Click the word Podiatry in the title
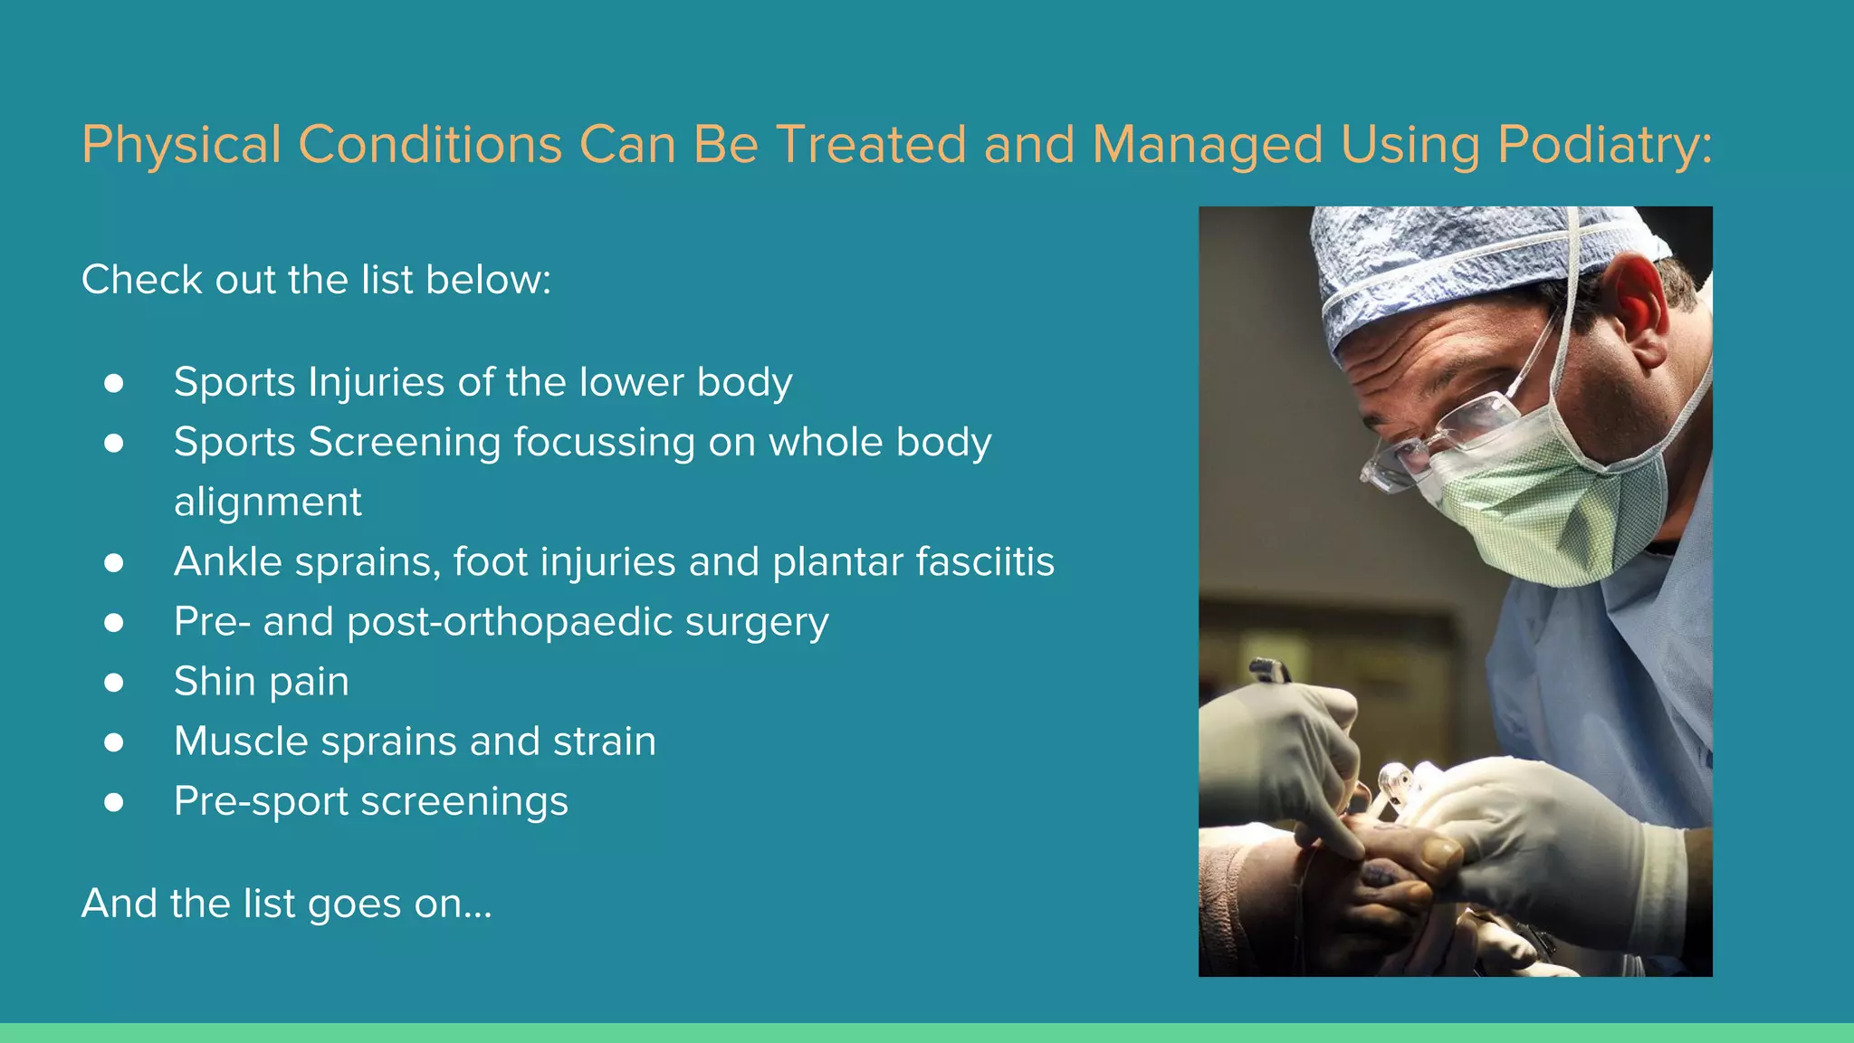point(1603,145)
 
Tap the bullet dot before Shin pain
point(113,682)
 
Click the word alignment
point(267,502)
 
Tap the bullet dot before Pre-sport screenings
point(113,802)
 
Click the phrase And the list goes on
point(286,904)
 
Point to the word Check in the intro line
point(141,280)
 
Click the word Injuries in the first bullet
point(377,383)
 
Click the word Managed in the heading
point(1207,145)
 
